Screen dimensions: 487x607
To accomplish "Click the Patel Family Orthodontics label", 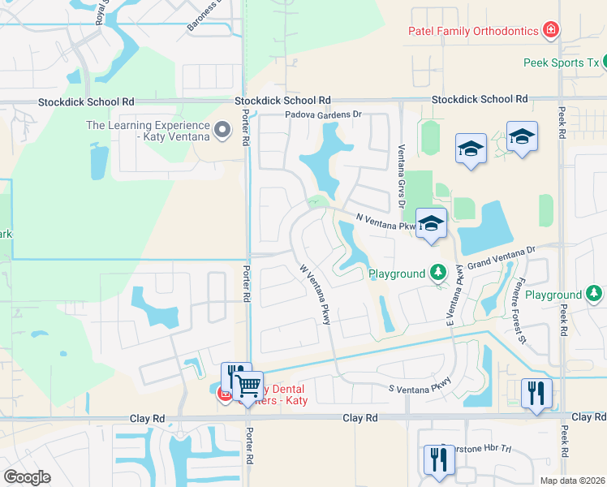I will [472, 31].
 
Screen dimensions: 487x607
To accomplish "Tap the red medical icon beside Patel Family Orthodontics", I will [552, 31].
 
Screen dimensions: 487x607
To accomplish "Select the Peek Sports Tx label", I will [560, 62].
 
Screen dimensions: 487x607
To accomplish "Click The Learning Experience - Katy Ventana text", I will [147, 131].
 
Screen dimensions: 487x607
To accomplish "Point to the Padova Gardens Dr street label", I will [322, 115].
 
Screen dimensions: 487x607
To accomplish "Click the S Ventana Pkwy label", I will [419, 390].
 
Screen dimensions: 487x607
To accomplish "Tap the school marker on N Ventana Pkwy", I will [431, 223].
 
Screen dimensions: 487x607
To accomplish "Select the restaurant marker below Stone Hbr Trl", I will [439, 459].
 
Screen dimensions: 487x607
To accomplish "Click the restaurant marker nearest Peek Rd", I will [536, 393].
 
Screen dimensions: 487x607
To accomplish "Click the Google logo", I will [28, 476].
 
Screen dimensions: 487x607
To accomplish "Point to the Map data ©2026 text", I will [572, 481].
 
